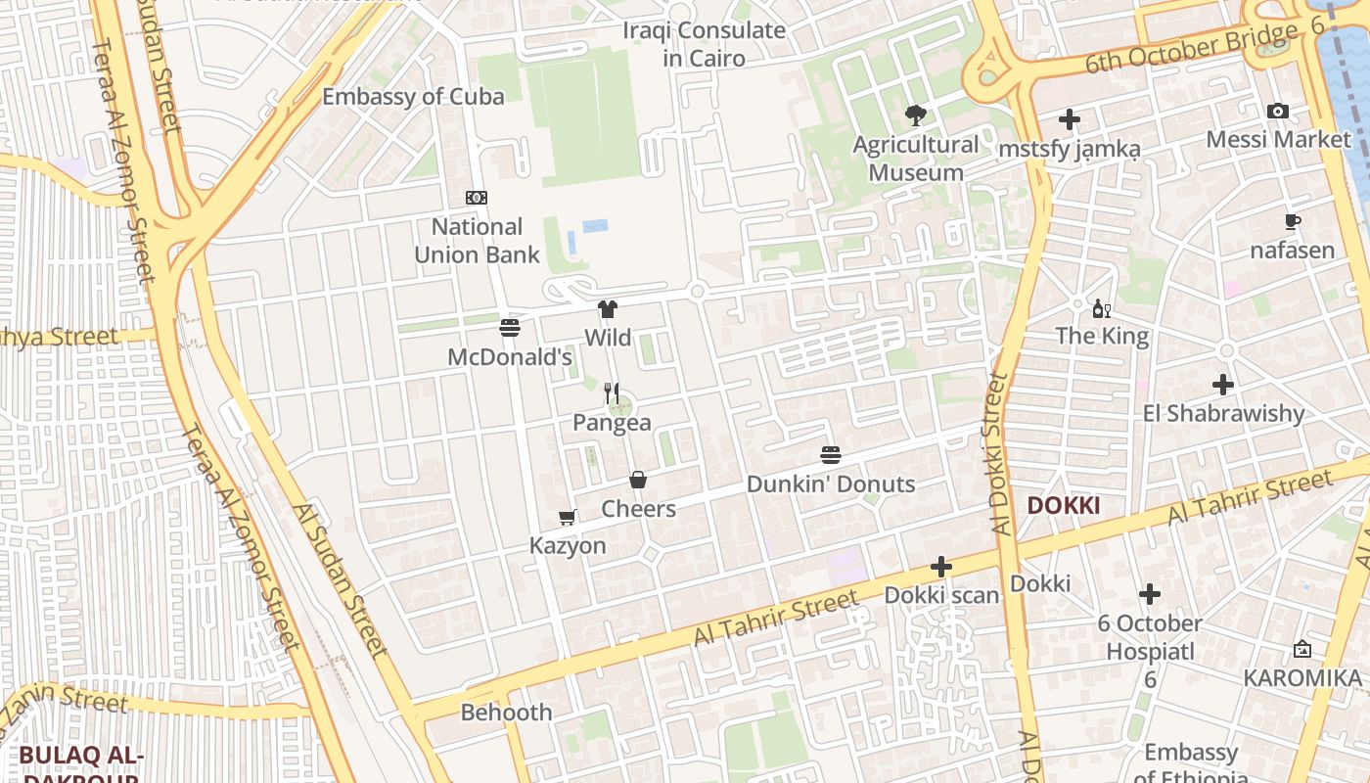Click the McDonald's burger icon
pos(509,328)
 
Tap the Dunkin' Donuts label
pos(831,484)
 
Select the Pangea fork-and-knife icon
pos(612,393)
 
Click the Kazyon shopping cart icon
pos(567,517)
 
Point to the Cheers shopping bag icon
pos(638,480)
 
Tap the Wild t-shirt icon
pos(607,309)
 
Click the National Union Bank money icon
pos(477,198)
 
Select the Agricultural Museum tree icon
pos(916,115)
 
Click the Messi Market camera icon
pos(1278,111)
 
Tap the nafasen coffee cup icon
pos(1292,221)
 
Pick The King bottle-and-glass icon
pos(1102,309)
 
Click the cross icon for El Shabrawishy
pos(1222,385)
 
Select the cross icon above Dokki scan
pos(940,567)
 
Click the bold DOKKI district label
pos(1064,506)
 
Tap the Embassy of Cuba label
pos(413,96)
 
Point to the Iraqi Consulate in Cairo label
pos(704,44)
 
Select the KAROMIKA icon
pos(1302,649)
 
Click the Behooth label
pos(506,712)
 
